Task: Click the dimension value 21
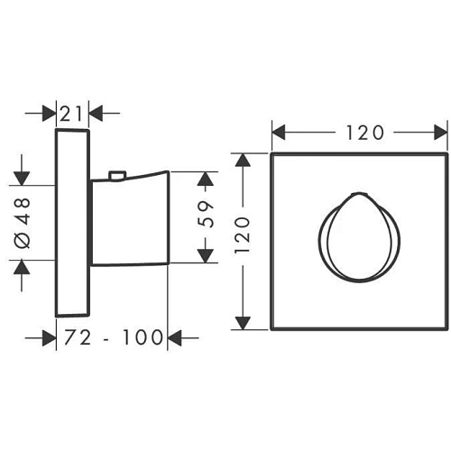pos(71,114)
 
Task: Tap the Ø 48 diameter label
pos(23,223)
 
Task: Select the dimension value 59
pos(206,214)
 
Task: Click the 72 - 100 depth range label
pos(114,337)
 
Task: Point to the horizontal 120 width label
pos(365,133)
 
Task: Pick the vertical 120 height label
pos(242,235)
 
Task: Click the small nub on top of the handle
pos(117,176)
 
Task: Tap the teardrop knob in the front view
pos(359,237)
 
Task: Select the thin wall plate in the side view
pos(72,223)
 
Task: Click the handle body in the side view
pos(130,218)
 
